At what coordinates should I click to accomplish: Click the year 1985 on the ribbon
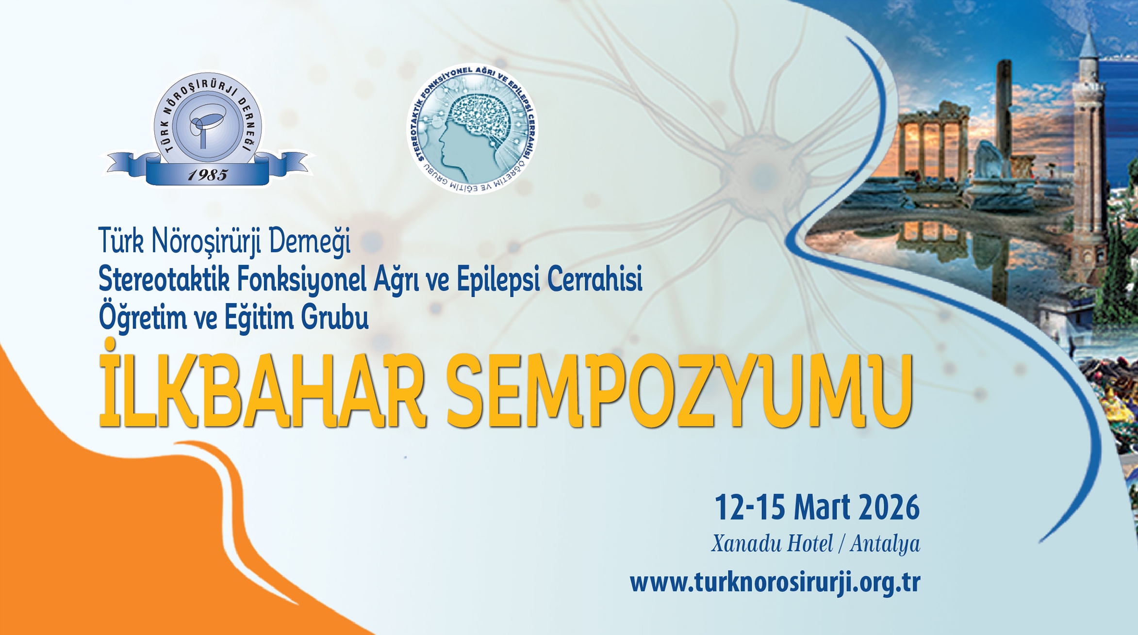click(208, 175)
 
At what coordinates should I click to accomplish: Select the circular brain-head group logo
click(472, 129)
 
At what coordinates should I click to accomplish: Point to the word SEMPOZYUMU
click(680, 391)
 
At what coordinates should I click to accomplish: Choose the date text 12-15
click(750, 507)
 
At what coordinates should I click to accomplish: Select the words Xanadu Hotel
click(772, 543)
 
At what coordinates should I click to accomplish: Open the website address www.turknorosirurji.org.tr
click(775, 582)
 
